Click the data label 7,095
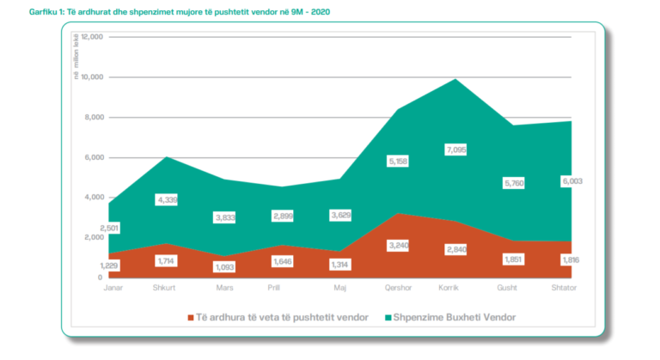455,149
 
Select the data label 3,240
398,246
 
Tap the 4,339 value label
167,199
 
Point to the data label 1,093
224,267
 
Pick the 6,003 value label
572,181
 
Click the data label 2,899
283,216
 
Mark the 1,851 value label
514,259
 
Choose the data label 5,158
398,162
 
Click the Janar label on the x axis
113,288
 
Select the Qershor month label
398,288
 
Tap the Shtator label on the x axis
564,288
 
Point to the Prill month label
273,288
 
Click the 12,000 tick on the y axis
92,37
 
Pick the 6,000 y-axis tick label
95,157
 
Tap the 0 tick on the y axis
101,278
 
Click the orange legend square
191,318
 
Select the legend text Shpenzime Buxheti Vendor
455,318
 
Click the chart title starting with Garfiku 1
180,12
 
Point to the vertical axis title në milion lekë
76,57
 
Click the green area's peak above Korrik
455,79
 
